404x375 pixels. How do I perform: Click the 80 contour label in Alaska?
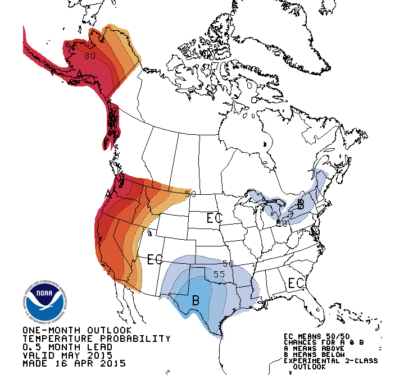[90, 55]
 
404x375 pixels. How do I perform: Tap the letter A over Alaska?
[80, 75]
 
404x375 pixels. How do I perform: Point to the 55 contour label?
[219, 275]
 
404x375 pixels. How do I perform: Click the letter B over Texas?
[195, 300]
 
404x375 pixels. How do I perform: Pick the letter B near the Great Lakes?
[301, 204]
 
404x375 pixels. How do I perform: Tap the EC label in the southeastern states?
[296, 283]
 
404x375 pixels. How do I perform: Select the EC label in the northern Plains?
[214, 218]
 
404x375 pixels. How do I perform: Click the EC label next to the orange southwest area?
[155, 259]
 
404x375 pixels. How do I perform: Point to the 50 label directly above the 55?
[228, 263]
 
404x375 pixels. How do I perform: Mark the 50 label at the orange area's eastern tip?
[190, 194]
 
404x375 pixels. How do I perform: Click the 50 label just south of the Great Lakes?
[282, 223]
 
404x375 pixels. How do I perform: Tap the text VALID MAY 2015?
[67, 355]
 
